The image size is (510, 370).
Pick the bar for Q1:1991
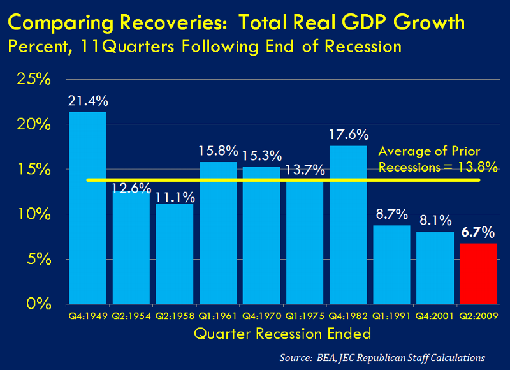coord(391,264)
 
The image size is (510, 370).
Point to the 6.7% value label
coord(478,231)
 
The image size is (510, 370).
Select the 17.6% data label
coord(348,135)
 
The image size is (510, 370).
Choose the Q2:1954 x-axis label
coord(131,315)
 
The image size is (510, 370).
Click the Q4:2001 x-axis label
coord(435,315)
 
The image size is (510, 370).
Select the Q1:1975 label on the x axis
coord(305,315)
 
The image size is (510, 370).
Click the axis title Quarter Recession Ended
coord(282,333)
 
